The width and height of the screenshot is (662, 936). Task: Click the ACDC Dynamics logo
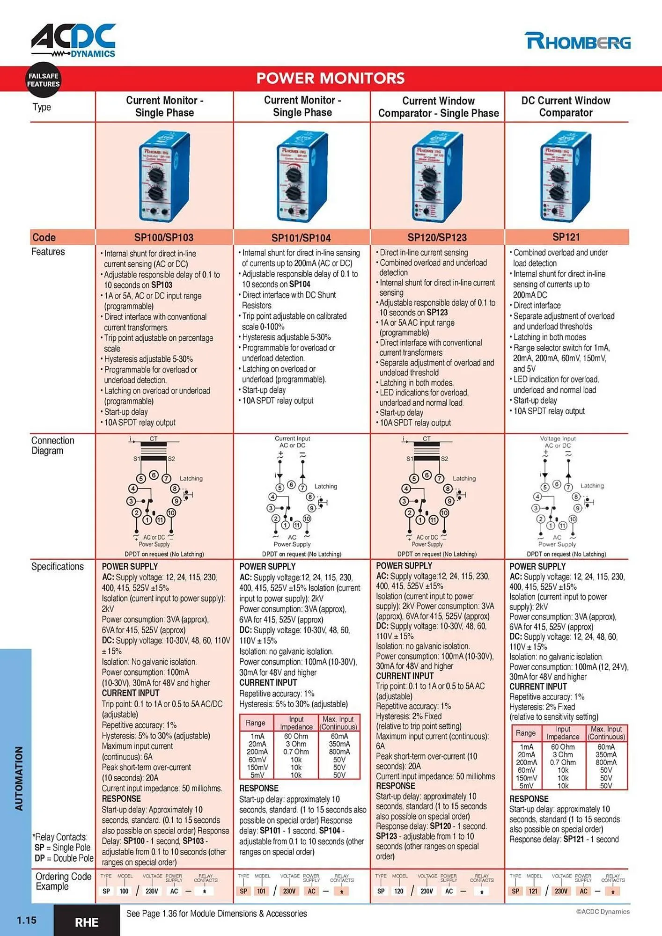pos(74,40)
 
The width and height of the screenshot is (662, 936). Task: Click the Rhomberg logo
pos(578,41)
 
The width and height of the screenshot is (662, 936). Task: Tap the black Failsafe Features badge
pos(43,80)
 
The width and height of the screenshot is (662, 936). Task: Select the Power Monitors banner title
pos(331,78)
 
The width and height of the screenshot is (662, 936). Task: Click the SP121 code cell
pos(566,237)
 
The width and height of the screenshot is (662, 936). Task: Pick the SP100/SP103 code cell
pos(164,237)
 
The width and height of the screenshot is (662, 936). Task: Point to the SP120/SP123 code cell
pos(437,237)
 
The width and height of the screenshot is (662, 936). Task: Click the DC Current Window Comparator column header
pos(566,107)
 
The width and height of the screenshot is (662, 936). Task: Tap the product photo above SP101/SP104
pos(302,177)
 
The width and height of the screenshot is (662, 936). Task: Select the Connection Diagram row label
pos(52,446)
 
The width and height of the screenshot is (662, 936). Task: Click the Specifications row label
pos(57,566)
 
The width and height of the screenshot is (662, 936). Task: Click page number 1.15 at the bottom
pos(26,920)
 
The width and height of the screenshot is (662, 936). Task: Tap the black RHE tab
pos(87,922)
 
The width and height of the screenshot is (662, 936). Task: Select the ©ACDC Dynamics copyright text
pos(603,911)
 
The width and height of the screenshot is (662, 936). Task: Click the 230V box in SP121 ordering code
pos(561,891)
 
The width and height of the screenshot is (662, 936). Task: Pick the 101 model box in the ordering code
pos(261,891)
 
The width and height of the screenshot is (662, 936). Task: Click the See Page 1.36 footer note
pos(216,914)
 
